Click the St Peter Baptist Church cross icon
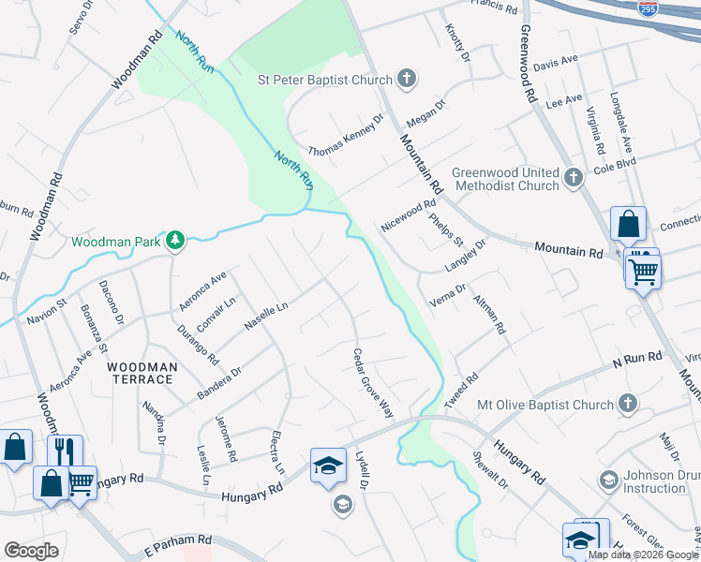tap(407, 79)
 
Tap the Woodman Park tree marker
tap(174, 242)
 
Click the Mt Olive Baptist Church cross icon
tap(627, 405)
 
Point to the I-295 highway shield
tap(648, 8)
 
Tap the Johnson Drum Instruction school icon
tap(608, 480)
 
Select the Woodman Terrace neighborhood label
tap(140, 373)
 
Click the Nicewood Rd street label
tap(409, 215)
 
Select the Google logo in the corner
tap(32, 551)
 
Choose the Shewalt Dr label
tap(492, 471)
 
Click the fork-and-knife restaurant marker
tap(65, 451)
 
